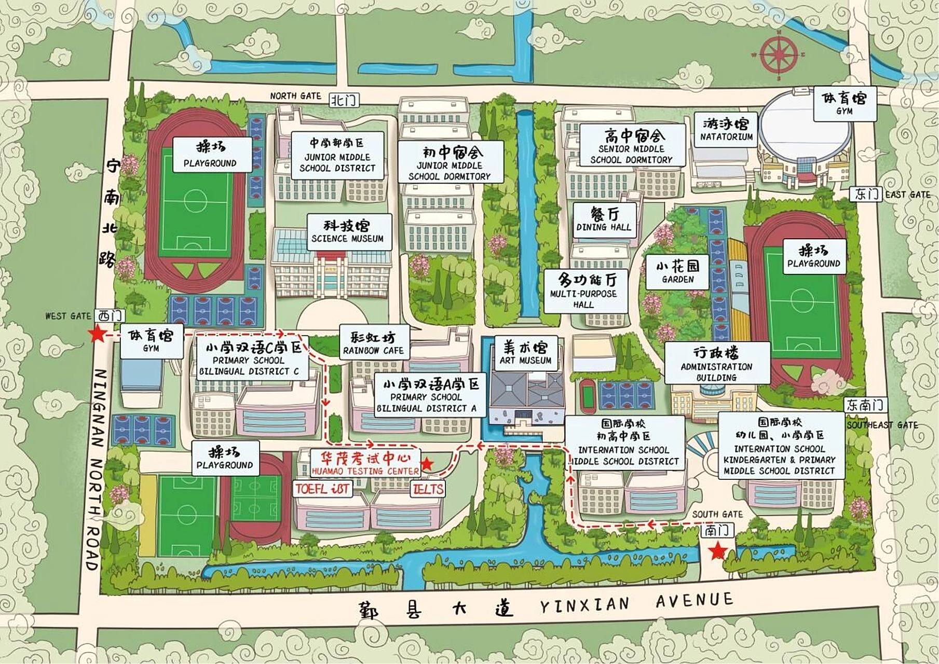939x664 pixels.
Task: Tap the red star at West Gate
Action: point(97,334)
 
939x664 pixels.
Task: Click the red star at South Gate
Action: point(718,551)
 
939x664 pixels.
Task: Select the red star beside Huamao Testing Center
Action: point(427,464)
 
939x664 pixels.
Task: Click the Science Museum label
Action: point(347,232)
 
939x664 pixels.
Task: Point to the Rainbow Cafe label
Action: point(373,343)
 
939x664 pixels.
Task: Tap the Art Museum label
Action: point(525,353)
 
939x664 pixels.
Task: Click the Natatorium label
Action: point(726,131)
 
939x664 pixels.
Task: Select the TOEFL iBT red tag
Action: point(322,489)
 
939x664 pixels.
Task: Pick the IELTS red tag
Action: point(428,489)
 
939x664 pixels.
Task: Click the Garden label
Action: point(677,272)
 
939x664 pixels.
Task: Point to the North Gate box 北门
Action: point(344,100)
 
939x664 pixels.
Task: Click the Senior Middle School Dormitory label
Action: point(631,147)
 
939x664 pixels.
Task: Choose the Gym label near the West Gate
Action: point(151,340)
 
